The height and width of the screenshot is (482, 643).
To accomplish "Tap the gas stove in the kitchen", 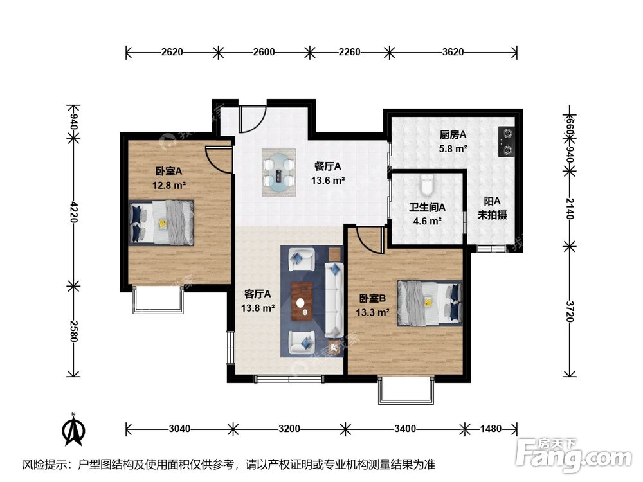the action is click(507, 141).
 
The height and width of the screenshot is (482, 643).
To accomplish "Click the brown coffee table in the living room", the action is click(302, 301).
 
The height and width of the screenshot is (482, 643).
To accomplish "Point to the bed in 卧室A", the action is click(161, 222).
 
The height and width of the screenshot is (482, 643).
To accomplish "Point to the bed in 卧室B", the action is click(430, 303).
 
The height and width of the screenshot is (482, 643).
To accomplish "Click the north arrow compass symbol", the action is click(73, 429).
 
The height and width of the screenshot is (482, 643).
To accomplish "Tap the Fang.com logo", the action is click(574, 456).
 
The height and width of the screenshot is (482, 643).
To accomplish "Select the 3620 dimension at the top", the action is click(453, 52).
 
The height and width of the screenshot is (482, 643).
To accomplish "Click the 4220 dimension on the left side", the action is click(73, 211).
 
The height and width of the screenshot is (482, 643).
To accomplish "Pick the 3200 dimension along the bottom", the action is click(289, 429).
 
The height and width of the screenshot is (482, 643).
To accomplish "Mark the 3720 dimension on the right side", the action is click(570, 311).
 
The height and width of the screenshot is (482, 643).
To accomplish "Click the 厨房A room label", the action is click(453, 134).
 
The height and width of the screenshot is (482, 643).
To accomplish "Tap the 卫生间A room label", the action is click(428, 208).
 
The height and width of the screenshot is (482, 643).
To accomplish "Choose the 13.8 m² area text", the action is click(258, 308).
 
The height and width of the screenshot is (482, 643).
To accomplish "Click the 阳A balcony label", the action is click(492, 201).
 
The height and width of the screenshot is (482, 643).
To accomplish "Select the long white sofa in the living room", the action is click(334, 299).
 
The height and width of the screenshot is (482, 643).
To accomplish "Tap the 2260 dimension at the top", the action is click(349, 52).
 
